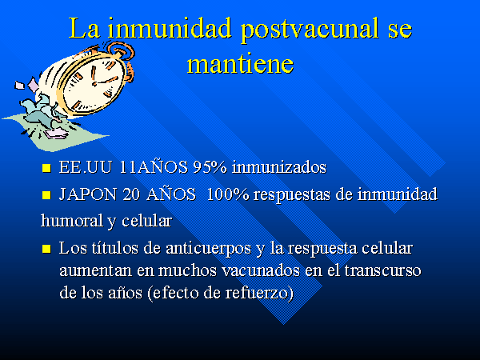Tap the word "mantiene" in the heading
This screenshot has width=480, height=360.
(240, 63)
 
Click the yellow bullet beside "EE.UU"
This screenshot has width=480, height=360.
(46, 168)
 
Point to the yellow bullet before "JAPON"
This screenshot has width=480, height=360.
(46, 195)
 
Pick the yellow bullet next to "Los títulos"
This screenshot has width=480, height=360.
(46, 248)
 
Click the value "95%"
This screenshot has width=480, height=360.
(210, 167)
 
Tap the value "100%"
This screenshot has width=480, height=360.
(228, 194)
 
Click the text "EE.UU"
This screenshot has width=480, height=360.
(85, 167)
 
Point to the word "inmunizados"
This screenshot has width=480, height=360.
(279, 167)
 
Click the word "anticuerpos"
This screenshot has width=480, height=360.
(209, 249)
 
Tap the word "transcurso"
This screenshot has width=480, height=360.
(382, 270)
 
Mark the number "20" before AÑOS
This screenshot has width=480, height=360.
(131, 194)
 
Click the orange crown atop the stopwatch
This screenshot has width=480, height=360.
(122, 51)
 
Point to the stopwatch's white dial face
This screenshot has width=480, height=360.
(94, 83)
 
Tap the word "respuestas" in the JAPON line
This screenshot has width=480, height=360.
(292, 195)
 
